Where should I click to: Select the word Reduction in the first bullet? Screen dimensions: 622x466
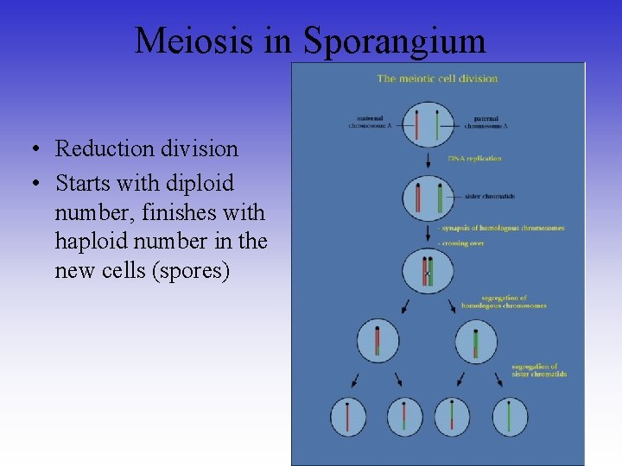pyautogui.click(x=104, y=148)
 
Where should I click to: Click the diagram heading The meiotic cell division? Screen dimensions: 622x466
pyautogui.click(x=437, y=79)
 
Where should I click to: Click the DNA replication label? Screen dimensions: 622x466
pyautogui.click(x=474, y=159)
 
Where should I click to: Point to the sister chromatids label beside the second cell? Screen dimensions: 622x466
pyautogui.click(x=489, y=197)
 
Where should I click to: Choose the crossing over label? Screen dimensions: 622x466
pyautogui.click(x=463, y=243)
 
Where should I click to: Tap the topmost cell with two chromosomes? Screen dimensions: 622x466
pyautogui.click(x=428, y=124)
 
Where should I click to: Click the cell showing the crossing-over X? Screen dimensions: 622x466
pyautogui.click(x=428, y=270)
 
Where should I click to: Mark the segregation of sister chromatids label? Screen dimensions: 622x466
pyautogui.click(x=539, y=370)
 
